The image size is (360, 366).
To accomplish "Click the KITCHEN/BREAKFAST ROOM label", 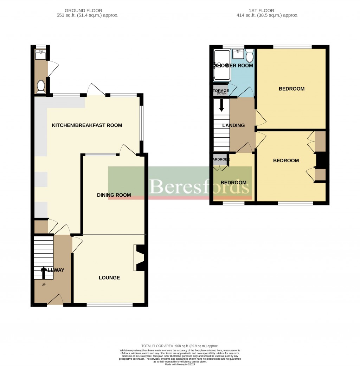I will (87, 125).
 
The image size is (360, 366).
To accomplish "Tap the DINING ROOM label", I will (114, 195).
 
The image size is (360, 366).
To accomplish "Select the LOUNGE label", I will (109, 278).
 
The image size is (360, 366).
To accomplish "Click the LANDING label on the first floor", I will (233, 125).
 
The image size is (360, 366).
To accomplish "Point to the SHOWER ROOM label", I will (233, 66).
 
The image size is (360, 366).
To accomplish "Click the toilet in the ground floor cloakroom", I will (41, 86).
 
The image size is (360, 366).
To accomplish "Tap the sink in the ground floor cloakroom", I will (41, 54).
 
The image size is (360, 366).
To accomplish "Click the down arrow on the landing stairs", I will (221, 105).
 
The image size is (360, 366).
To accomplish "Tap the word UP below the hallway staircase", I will (44, 285).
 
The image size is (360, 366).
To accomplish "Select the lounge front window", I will (109, 305).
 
